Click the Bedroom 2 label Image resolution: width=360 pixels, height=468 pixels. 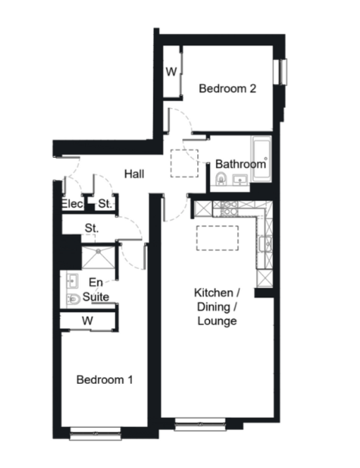tap(228, 89)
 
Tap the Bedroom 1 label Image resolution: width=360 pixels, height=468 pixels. tap(105, 379)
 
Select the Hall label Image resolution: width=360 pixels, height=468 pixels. tap(135, 174)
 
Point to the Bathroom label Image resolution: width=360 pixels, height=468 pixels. tap(240, 164)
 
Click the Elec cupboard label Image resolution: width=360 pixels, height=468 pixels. tap(72, 204)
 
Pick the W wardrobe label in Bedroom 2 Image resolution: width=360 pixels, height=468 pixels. tap(171, 71)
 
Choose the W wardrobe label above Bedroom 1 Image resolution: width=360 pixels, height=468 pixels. tap(88, 321)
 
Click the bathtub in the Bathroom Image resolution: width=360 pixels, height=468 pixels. tap(261, 158)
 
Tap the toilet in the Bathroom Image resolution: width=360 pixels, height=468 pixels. tap(220, 179)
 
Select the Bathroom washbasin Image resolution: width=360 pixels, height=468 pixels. tap(240, 180)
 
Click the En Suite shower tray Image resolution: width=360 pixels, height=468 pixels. tap(98, 258)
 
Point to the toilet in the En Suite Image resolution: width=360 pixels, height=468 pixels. tap(73, 299)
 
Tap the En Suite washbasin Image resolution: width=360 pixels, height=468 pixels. tap(72, 281)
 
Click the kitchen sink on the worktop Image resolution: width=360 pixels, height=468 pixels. tap(266, 244)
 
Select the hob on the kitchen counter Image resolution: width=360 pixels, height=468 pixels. tap(229, 208)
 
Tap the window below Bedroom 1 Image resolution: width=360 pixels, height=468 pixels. tap(95, 433)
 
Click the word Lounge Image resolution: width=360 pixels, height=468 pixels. tap(217, 321)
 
